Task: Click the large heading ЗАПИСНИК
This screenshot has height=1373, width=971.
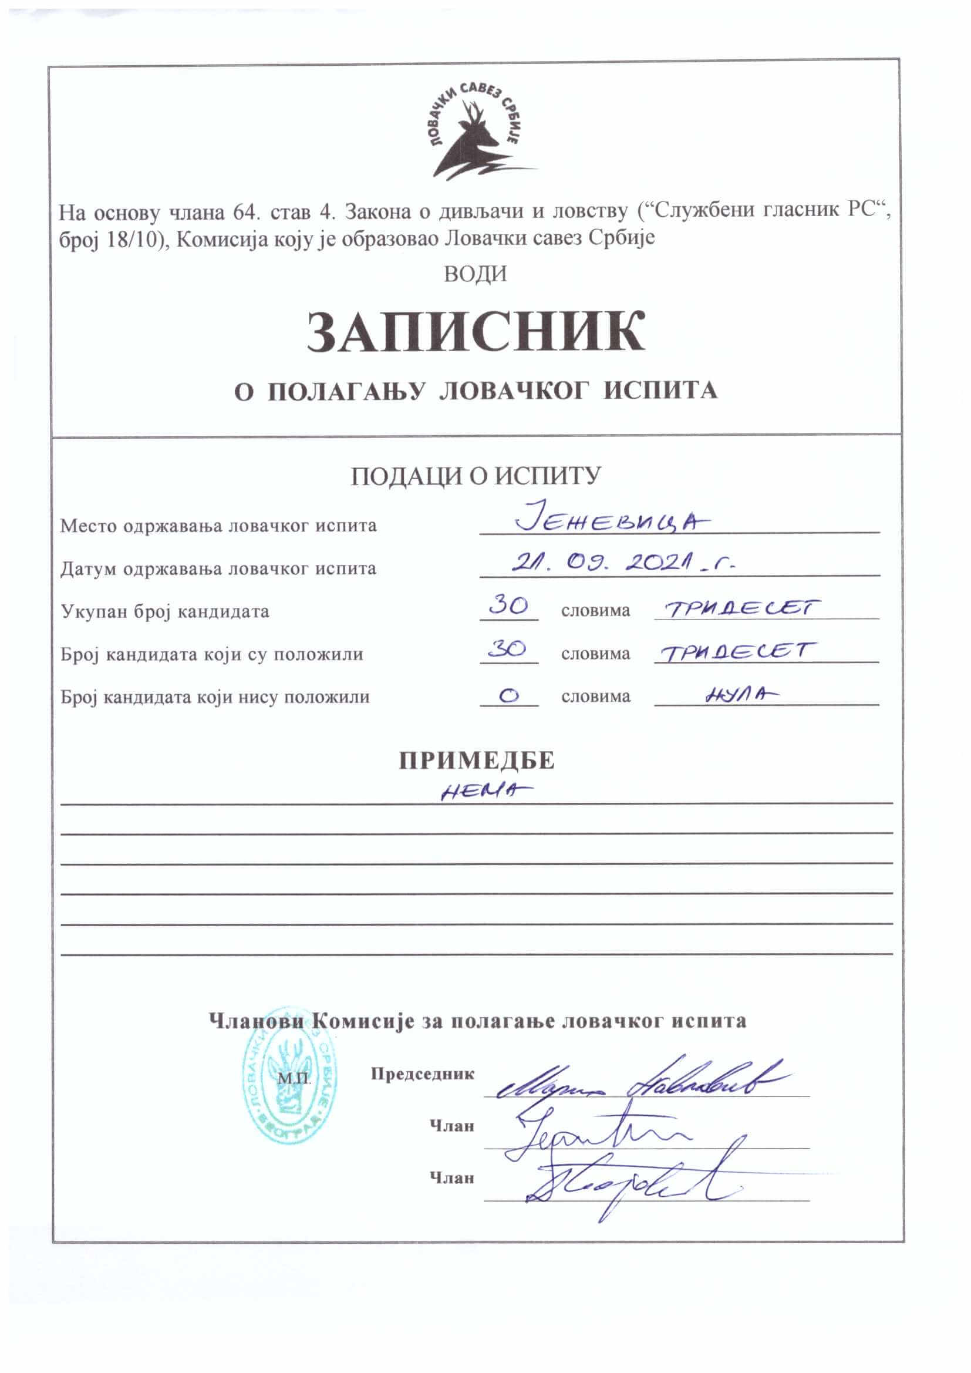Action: [476, 331]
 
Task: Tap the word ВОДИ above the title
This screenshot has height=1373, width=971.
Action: [476, 274]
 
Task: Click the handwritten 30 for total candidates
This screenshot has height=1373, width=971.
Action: [508, 607]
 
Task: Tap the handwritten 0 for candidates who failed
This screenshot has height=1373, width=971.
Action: [508, 696]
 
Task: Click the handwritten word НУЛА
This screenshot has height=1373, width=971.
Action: [742, 694]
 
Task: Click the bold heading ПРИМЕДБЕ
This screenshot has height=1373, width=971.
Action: [477, 760]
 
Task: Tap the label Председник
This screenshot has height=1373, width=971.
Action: [422, 1074]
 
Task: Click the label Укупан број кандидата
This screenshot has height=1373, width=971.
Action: [165, 611]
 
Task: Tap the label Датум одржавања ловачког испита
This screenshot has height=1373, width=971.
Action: [218, 568]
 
